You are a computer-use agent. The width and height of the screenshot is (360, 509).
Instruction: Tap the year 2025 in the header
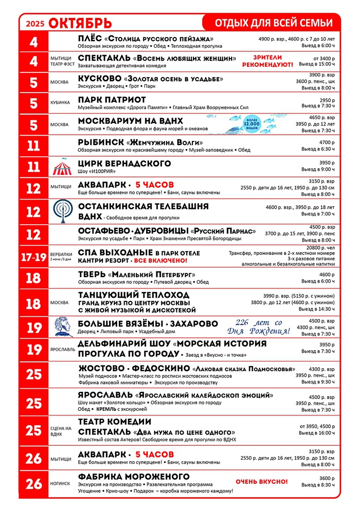point(35,23)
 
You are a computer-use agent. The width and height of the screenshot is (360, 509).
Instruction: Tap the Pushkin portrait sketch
point(62,326)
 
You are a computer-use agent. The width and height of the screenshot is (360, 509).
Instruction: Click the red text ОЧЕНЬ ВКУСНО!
point(261,482)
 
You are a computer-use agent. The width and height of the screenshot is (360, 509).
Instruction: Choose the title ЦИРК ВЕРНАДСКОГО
point(124,163)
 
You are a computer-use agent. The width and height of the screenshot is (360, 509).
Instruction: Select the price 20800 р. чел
point(320,247)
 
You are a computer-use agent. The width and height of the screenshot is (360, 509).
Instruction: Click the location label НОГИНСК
point(60,484)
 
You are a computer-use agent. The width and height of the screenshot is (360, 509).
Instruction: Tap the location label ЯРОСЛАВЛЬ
point(61,350)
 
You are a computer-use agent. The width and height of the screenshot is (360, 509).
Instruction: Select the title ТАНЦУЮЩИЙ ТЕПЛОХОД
point(134,295)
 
